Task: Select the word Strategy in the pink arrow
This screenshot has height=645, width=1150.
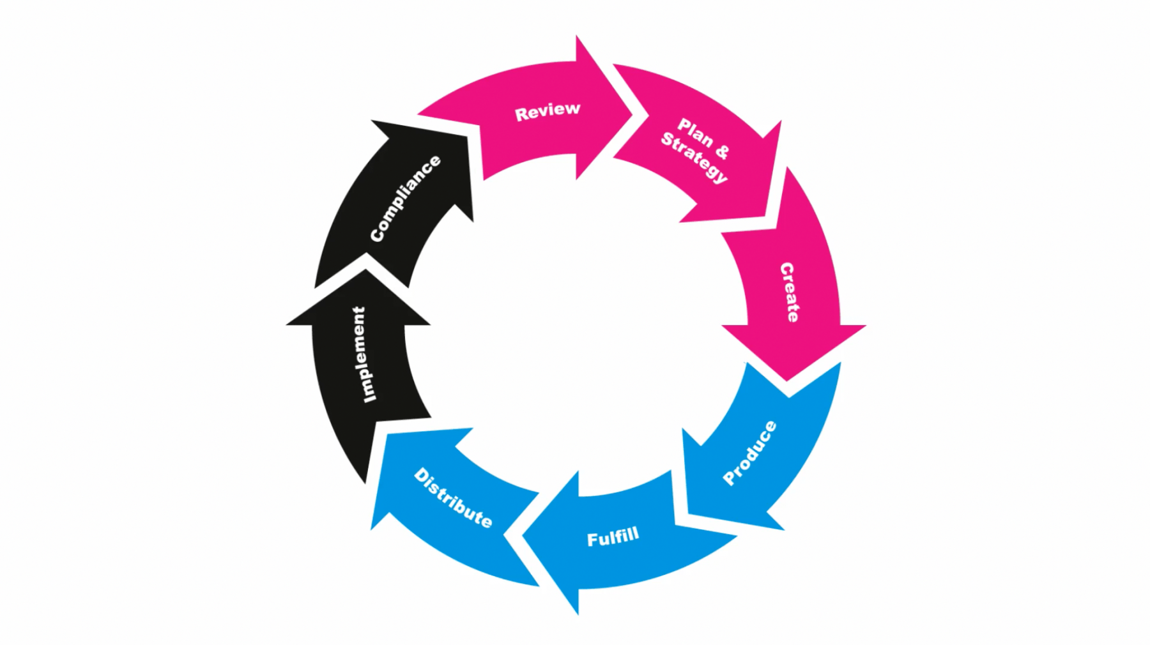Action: coord(694,157)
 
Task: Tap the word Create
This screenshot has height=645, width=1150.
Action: coord(789,292)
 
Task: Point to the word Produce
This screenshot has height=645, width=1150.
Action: coord(750,453)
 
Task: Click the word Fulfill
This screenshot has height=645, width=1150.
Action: coord(613,538)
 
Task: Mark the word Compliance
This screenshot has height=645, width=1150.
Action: coord(405,199)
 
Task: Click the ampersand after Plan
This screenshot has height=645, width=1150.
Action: coord(722,151)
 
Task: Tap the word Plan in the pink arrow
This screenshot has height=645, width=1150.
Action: coord(696,132)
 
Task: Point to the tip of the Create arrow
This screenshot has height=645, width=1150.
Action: coord(788,379)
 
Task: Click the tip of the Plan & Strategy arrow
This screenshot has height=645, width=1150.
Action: coord(768,216)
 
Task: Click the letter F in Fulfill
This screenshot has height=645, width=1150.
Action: coord(592,540)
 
